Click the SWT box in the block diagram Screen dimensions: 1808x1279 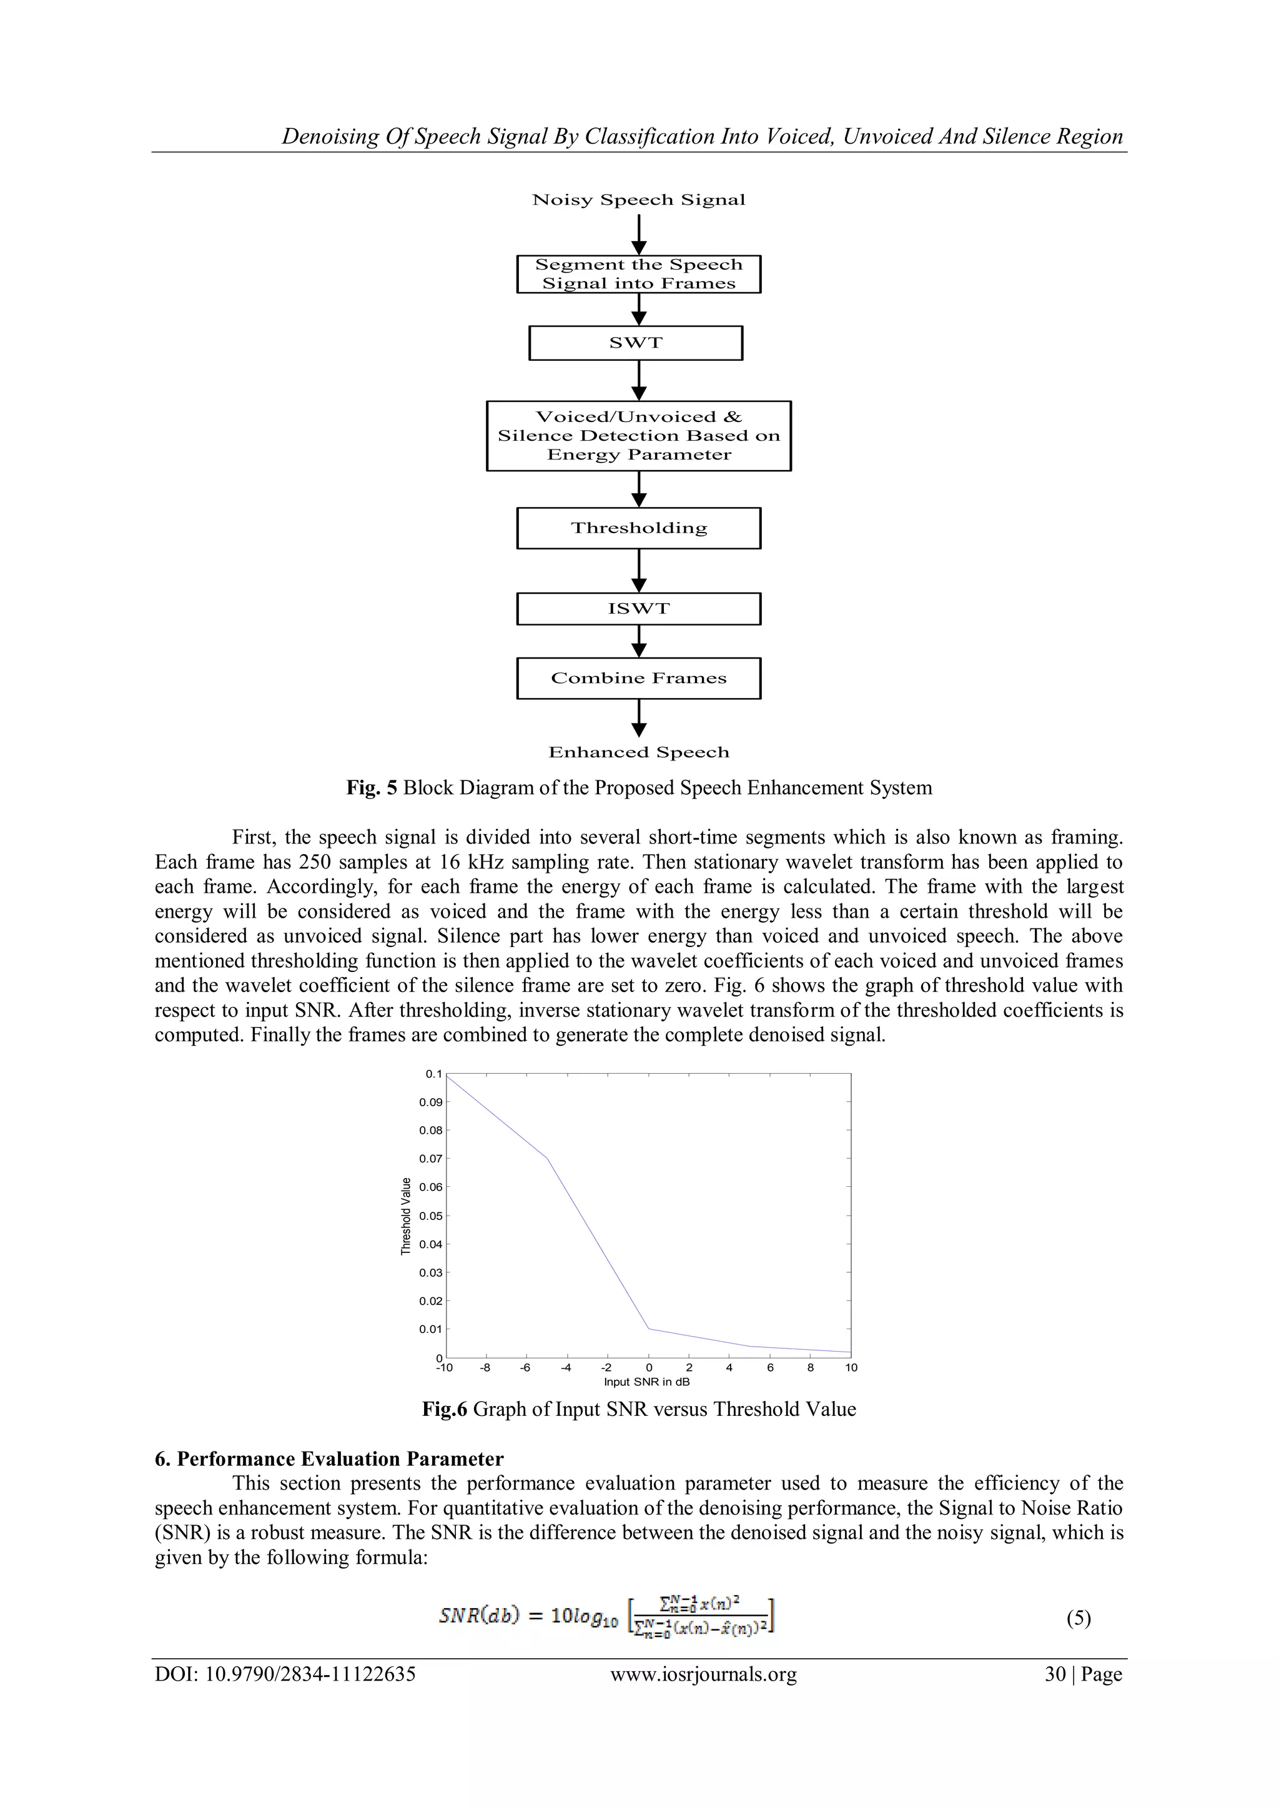[636, 343]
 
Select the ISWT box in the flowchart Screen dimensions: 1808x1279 [639, 609]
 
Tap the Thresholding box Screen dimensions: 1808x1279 [639, 528]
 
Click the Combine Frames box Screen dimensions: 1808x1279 [639, 678]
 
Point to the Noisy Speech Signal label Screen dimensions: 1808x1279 [639, 200]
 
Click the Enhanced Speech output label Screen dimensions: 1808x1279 [639, 752]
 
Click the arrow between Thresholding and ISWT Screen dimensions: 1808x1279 [639, 570]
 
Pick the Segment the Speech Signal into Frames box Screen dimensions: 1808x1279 [639, 274]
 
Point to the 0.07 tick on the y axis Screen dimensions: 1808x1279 [431, 1158]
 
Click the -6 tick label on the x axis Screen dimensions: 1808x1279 [525, 1368]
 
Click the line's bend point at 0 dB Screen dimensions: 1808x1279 [649, 1329]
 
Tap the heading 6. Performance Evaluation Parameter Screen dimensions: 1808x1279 [329, 1459]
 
